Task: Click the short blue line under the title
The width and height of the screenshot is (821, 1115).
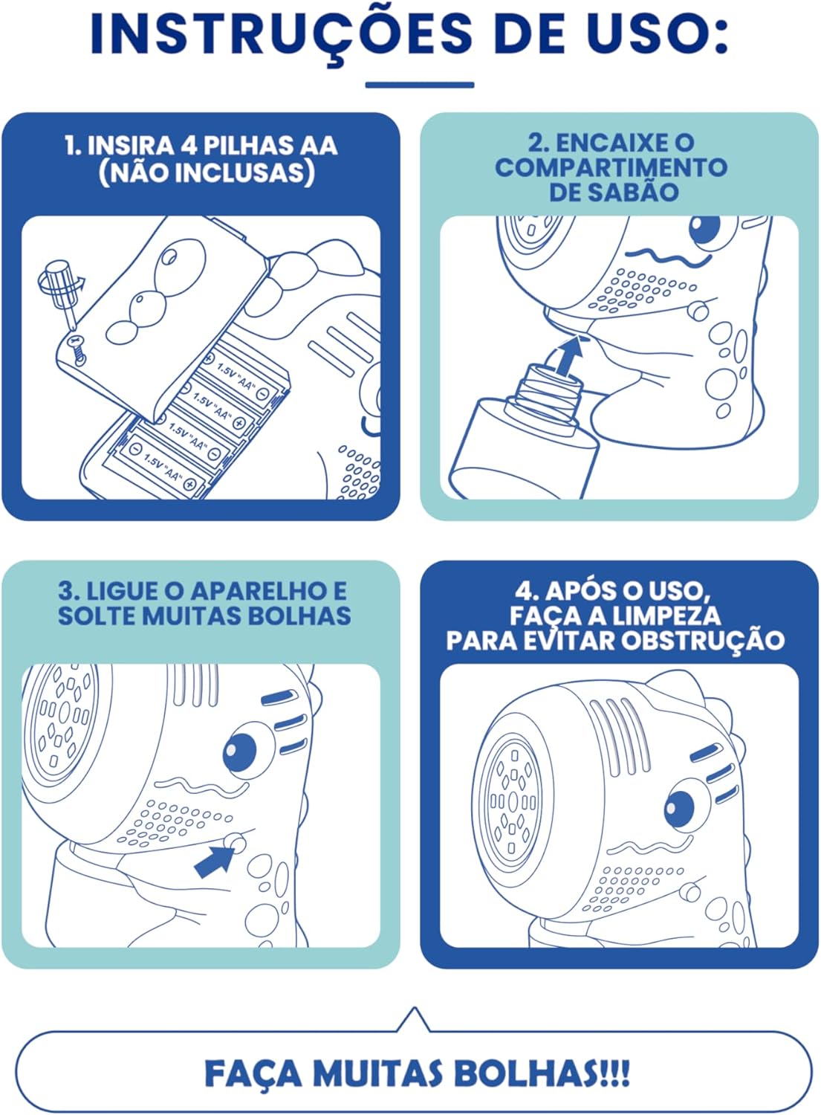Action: pos(420,85)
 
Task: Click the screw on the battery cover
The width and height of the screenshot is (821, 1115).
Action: pos(77,349)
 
